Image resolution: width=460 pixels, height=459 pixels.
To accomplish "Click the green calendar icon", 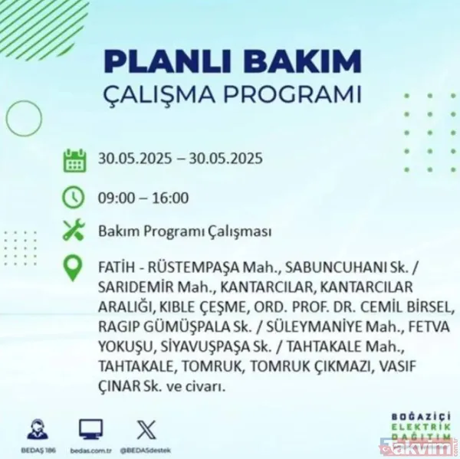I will [74, 159].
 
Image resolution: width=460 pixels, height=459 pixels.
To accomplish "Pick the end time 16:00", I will [170, 198].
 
